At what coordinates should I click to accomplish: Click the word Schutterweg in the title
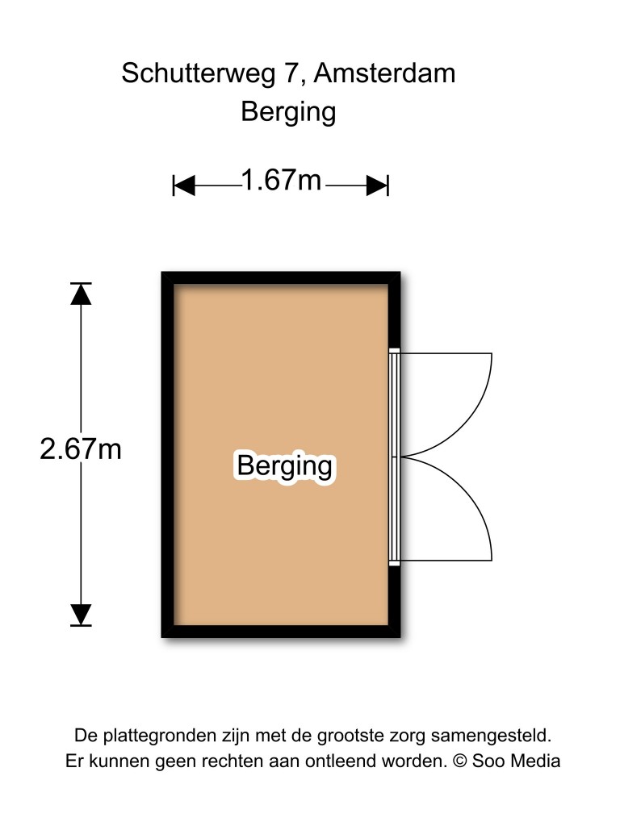coord(199,73)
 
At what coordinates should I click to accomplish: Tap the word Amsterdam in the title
coord(385,73)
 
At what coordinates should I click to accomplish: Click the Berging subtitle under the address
coord(288,112)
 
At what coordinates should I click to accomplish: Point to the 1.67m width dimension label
coord(281,180)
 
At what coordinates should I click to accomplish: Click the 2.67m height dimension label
coord(81,449)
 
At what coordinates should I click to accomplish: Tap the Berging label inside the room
coord(285,465)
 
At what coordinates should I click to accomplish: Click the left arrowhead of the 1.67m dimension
coord(184,186)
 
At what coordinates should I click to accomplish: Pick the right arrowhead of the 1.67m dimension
coord(378,186)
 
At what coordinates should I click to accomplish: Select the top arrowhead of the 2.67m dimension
coord(81,294)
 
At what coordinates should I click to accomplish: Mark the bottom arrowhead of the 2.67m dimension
coord(81,615)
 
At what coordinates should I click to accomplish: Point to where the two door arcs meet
coord(402,457)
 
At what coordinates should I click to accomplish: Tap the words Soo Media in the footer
coord(516,761)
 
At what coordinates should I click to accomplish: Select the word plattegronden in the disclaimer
coord(171,736)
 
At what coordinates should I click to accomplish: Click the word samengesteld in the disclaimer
coord(491,736)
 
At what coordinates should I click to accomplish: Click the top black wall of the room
coord(281,278)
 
